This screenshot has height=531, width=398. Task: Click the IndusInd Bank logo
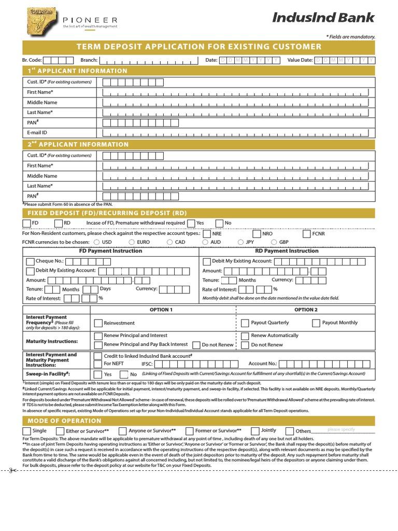[323, 18]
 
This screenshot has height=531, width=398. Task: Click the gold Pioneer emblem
[41, 21]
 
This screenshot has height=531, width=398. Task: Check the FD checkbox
[27, 223]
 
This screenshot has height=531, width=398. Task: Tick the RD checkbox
[59, 223]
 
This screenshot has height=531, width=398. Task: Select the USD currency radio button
[96, 242]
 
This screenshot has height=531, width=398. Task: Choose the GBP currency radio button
[273, 242]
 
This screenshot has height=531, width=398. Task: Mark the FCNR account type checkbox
[307, 234]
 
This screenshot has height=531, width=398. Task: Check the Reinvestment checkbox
[98, 323]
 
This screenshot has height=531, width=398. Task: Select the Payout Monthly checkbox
[316, 323]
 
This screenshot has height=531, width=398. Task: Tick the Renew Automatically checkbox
[245, 336]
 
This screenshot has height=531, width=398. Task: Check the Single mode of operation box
[27, 431]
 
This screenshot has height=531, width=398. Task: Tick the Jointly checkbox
[255, 431]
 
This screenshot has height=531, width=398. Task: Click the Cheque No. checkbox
[30, 261]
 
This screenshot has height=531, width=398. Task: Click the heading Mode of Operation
[64, 421]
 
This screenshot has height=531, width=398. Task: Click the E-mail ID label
[37, 133]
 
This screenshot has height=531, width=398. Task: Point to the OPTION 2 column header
[305, 310]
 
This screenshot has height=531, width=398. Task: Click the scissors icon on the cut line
[11, 470]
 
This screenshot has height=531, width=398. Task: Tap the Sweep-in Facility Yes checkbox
[98, 374]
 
